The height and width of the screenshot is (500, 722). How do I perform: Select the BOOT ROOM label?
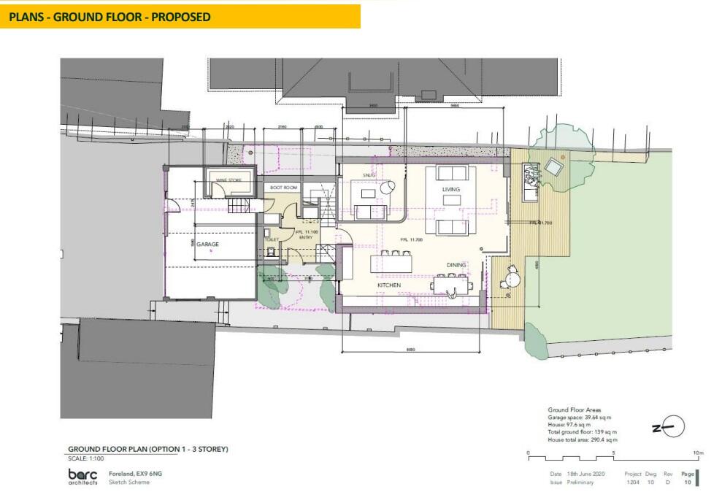pos(285,188)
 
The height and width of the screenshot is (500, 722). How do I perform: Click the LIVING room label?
pos(451,190)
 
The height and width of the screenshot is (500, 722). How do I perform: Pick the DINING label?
pos(457,266)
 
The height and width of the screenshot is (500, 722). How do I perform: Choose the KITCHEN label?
pos(388,285)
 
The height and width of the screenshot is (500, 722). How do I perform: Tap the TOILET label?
pos(272,239)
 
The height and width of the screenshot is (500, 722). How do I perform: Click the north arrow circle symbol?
pos(675,427)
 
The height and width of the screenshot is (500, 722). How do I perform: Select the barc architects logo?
pos(82,477)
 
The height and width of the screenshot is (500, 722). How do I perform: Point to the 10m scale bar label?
pos(699,453)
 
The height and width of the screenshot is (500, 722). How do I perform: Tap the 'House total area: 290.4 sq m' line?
pos(583,440)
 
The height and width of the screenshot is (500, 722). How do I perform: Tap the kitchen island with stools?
pos(394,261)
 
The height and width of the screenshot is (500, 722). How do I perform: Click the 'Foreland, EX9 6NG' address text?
pos(135,474)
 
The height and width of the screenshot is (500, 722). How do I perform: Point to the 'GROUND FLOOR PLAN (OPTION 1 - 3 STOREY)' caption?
pos(148,449)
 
